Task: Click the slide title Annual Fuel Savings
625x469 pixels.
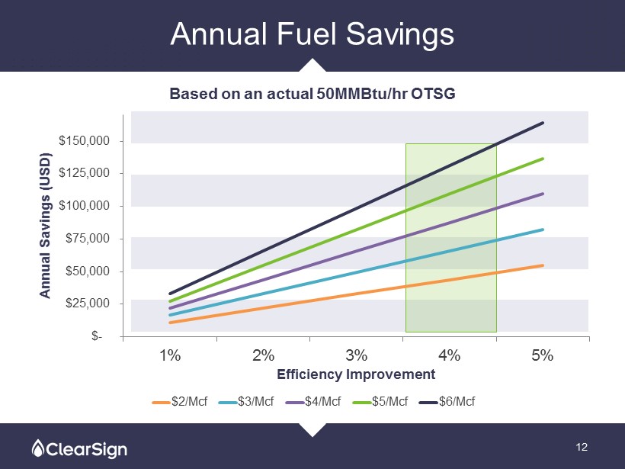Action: coord(312,34)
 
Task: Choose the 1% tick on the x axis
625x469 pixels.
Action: coord(169,355)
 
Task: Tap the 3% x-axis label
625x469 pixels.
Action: coord(356,355)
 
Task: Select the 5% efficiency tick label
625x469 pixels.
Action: coord(543,355)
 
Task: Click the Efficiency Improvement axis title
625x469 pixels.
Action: coord(356,374)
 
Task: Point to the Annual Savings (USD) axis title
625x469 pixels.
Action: coord(46,226)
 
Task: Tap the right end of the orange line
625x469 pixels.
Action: coord(543,265)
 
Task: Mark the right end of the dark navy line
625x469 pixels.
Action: coord(543,123)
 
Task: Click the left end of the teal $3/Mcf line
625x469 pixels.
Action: coord(170,315)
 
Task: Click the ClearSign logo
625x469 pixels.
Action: coord(79,448)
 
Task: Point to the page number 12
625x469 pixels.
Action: coord(583,446)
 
